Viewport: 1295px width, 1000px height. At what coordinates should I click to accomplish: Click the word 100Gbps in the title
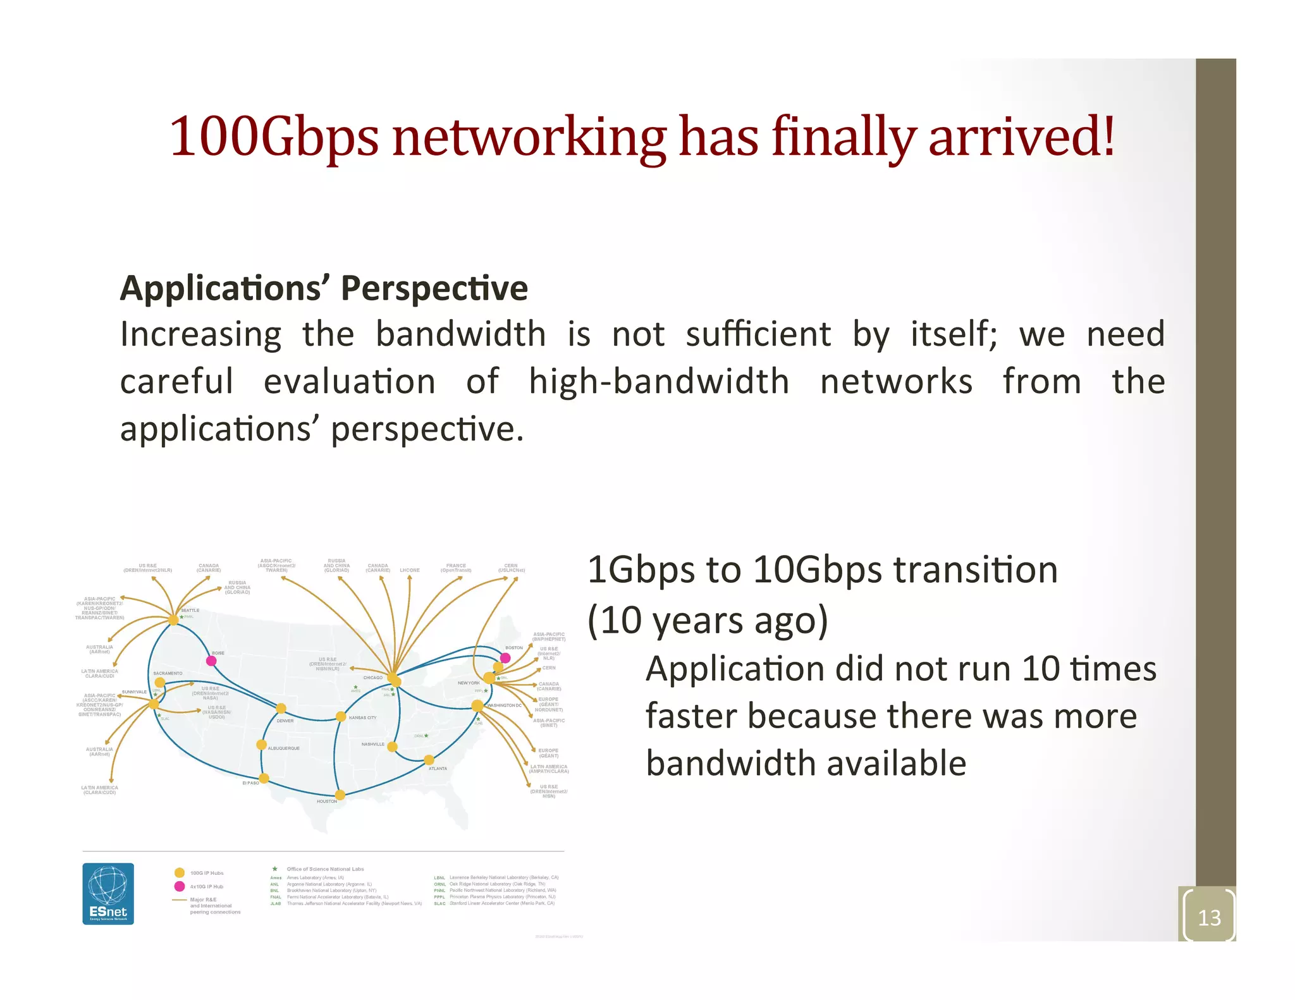[274, 137]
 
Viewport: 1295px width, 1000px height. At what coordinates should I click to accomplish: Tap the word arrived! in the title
[1021, 137]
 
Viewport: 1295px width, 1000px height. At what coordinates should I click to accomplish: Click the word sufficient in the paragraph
[758, 334]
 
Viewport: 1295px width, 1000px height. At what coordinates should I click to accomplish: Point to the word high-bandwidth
[659, 382]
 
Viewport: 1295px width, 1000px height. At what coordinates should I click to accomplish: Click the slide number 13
[1209, 917]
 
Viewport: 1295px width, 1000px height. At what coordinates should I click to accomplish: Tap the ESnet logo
[108, 893]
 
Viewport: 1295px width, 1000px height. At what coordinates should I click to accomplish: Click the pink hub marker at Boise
[212, 661]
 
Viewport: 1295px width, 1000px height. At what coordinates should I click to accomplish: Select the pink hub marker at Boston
[505, 658]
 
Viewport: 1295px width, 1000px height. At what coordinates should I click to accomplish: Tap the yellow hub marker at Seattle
[173, 620]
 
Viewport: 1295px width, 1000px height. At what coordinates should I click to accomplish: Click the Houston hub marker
[340, 795]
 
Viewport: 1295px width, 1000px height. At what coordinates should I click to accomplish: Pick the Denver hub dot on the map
[281, 709]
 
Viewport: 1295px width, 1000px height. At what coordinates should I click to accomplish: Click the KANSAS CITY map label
[362, 718]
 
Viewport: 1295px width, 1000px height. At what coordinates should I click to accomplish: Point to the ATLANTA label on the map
[438, 769]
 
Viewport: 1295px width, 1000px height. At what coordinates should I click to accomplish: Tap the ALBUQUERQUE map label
[284, 748]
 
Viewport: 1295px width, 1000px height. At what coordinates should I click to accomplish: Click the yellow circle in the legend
[180, 873]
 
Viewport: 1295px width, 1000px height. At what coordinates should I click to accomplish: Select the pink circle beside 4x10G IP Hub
[180, 886]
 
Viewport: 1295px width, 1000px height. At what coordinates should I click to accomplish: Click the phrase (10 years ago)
[708, 620]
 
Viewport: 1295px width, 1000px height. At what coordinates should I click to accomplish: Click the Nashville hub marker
[392, 747]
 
